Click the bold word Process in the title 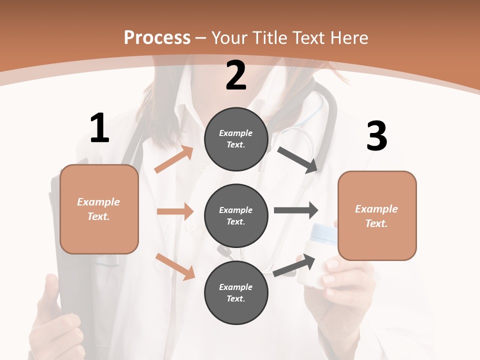tap(157, 38)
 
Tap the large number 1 tap(99, 128)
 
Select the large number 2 tap(236, 75)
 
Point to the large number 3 tap(376, 136)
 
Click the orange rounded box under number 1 tap(99, 209)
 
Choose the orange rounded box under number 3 tap(377, 215)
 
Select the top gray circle tap(236, 139)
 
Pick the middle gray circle tap(236, 215)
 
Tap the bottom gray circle tap(236, 292)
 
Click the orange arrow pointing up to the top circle tap(174, 159)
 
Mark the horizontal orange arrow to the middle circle tap(175, 211)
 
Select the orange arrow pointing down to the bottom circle tap(175, 266)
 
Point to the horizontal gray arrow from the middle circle tap(296, 210)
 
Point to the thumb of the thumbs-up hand tap(51, 290)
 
